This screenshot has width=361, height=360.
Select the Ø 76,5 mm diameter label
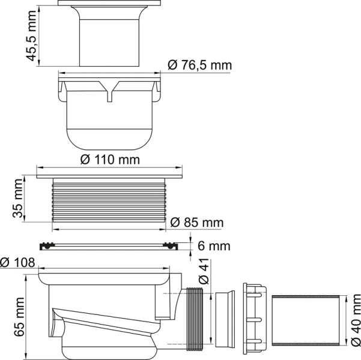199,65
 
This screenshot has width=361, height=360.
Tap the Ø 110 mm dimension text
109,160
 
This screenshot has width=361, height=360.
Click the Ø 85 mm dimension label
196,223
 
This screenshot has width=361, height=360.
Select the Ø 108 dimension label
18,262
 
